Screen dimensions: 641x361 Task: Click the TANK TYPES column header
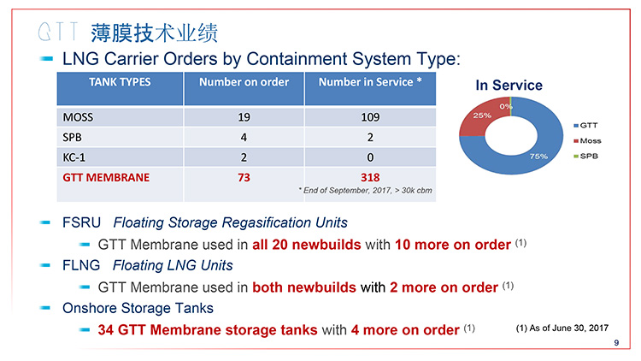pos(120,82)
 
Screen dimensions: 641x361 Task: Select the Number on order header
pos(244,82)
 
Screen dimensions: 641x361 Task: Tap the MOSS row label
pos(78,117)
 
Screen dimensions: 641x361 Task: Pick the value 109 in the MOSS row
pos(370,117)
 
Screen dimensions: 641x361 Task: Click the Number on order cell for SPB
pos(244,137)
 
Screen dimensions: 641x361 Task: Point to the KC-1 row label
pos(74,157)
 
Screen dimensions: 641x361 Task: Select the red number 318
pos(370,178)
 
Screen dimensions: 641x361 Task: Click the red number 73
pos(244,178)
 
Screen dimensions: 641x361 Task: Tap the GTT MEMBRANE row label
pos(106,178)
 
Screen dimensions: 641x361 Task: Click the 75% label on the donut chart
pos(538,157)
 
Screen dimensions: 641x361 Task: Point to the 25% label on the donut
pos(482,115)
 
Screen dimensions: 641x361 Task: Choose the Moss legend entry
pos(587,141)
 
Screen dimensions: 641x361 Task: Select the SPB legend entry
pos(585,156)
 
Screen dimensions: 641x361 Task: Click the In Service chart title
pos(509,86)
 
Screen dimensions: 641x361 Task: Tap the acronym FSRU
pos(81,222)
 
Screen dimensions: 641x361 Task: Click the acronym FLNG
pos(81,265)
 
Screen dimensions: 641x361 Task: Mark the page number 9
pos(616,343)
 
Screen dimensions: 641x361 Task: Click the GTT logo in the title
pos(58,32)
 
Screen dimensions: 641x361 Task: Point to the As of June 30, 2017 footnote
pos(562,328)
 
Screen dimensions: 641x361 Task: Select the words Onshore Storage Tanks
pos(138,308)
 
